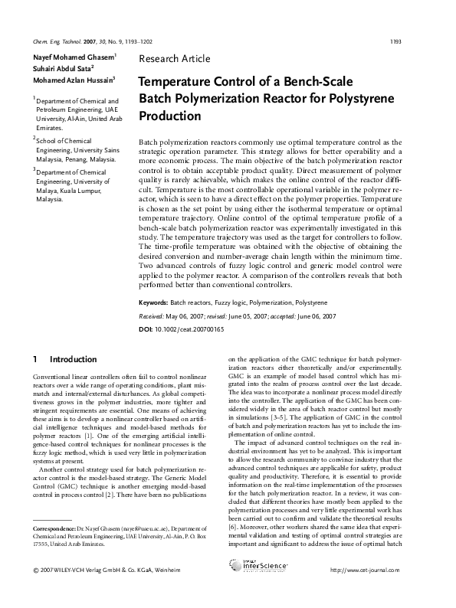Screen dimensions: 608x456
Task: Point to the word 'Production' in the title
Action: click(169, 116)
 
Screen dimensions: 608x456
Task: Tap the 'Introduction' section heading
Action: click(73, 359)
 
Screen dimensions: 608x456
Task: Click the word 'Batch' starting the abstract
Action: click(149, 143)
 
